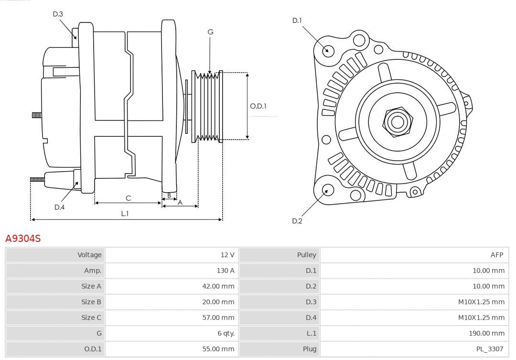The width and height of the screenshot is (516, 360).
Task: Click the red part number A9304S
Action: click(x=23, y=238)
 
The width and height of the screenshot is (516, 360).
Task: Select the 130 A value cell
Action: click(x=225, y=271)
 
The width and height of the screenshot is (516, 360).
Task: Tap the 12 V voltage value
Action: click(x=227, y=255)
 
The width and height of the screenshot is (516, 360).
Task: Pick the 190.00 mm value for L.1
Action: click(x=488, y=333)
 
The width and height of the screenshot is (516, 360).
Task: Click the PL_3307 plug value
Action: click(x=490, y=349)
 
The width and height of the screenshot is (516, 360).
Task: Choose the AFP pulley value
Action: click(x=496, y=255)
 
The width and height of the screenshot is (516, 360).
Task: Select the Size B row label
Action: click(x=91, y=302)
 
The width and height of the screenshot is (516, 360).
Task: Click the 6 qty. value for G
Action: click(x=226, y=333)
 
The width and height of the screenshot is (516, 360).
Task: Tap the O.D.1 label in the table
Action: click(x=93, y=349)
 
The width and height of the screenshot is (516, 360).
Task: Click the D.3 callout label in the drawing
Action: click(x=58, y=14)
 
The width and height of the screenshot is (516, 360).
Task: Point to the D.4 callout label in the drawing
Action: click(x=59, y=207)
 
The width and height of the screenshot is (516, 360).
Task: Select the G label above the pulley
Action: click(x=210, y=32)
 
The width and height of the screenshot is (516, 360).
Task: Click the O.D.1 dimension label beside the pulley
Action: click(x=258, y=106)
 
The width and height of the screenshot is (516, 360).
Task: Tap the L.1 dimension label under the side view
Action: click(x=125, y=214)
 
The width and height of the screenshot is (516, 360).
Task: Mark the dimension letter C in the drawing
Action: click(x=128, y=198)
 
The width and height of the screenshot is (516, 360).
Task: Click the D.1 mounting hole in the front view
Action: click(x=328, y=50)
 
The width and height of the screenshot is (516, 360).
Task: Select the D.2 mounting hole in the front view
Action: click(x=327, y=190)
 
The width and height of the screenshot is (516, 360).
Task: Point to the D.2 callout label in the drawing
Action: click(x=297, y=221)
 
